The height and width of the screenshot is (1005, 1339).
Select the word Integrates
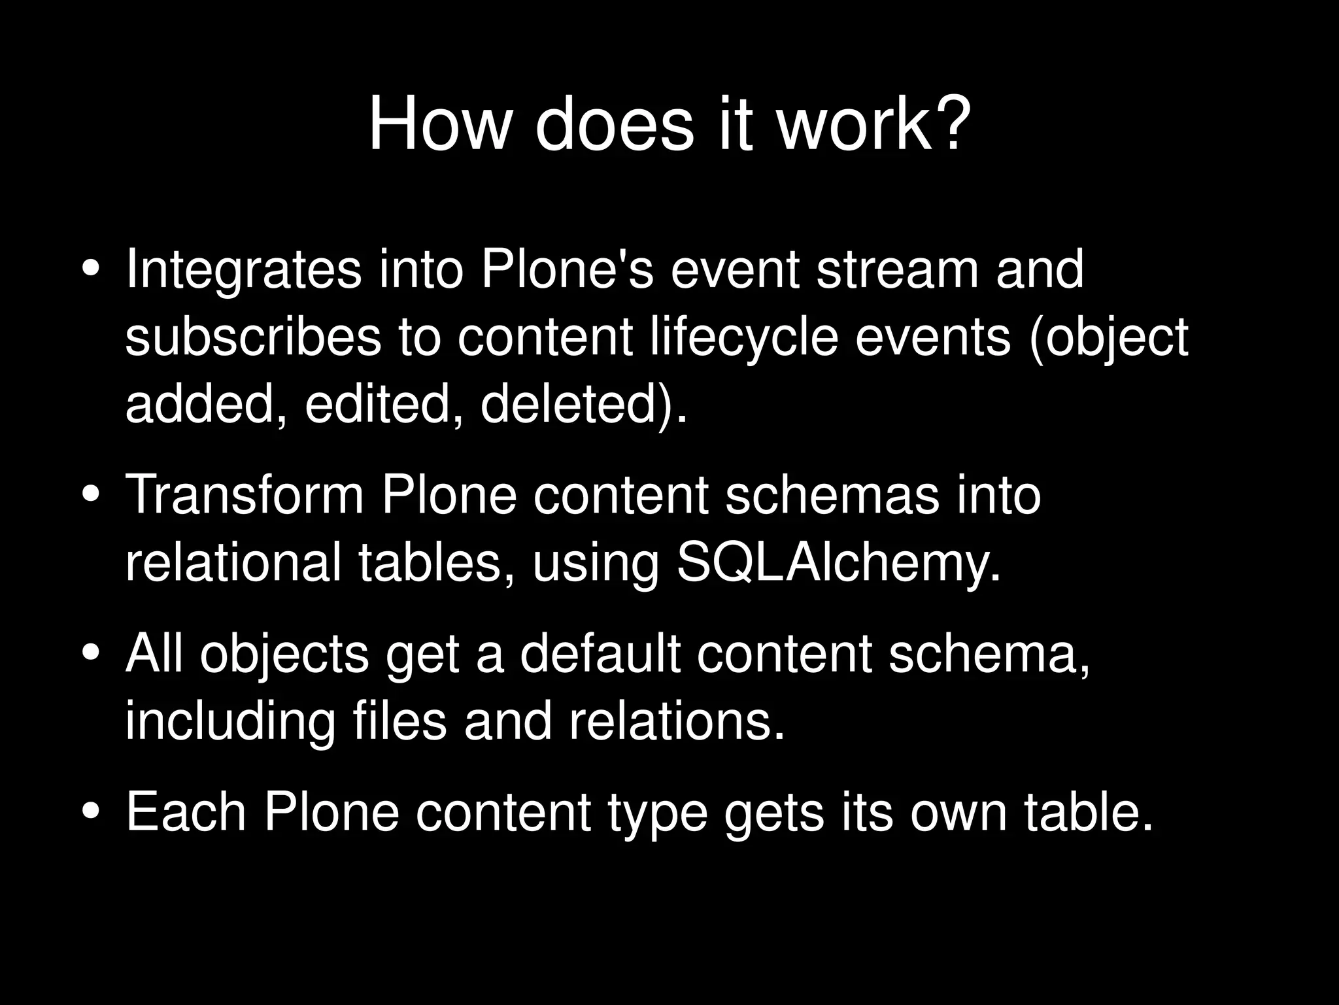click(243, 270)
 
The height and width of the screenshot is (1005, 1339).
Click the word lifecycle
click(744, 337)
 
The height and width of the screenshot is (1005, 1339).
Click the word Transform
click(245, 495)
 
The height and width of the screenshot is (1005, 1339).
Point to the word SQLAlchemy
click(838, 563)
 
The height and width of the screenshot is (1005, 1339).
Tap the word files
click(399, 721)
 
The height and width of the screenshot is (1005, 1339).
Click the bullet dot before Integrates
click(92, 270)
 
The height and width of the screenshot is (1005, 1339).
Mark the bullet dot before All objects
click(92, 653)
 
